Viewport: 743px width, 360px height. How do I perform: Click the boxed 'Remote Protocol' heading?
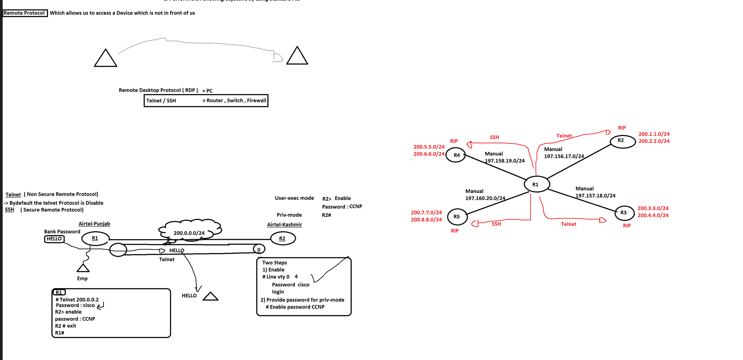(25, 13)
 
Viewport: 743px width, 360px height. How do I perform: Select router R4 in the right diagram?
(456, 155)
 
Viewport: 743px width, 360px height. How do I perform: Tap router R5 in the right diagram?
(457, 217)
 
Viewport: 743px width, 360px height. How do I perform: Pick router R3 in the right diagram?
(624, 213)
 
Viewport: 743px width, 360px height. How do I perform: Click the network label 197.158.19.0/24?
(505, 161)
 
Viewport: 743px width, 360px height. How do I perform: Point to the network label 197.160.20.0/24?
(485, 198)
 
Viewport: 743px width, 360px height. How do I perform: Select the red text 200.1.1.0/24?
(654, 134)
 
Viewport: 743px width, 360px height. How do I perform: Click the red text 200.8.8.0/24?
(426, 220)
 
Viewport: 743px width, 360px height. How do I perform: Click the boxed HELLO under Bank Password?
(54, 239)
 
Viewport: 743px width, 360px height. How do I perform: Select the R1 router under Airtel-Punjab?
(95, 238)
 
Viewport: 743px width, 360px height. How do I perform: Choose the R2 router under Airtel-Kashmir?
(283, 239)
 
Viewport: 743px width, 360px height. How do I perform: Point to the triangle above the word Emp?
(83, 268)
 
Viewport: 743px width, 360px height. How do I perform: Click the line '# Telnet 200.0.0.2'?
(77, 300)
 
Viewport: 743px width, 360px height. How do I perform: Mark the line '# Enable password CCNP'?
(295, 307)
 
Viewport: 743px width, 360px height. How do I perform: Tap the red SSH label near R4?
(494, 138)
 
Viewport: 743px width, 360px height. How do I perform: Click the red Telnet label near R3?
(568, 224)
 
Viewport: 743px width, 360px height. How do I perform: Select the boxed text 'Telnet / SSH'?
(161, 101)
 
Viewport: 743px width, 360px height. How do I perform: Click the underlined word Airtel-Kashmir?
(284, 225)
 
